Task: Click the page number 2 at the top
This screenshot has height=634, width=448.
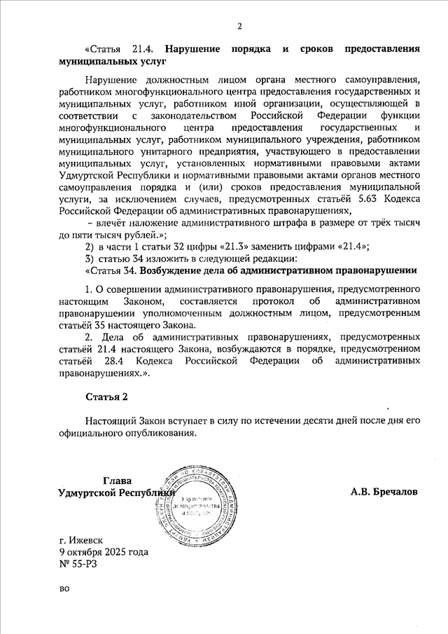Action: coord(239,27)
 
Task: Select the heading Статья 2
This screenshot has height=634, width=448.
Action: coord(107,397)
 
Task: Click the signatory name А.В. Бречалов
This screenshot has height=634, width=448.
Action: coord(384,492)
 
